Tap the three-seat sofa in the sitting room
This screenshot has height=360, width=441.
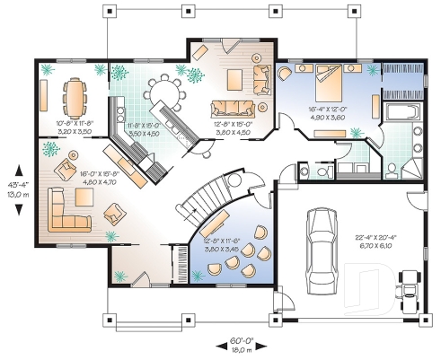coord(232,109)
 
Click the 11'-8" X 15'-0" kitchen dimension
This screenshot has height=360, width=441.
coord(144,127)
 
